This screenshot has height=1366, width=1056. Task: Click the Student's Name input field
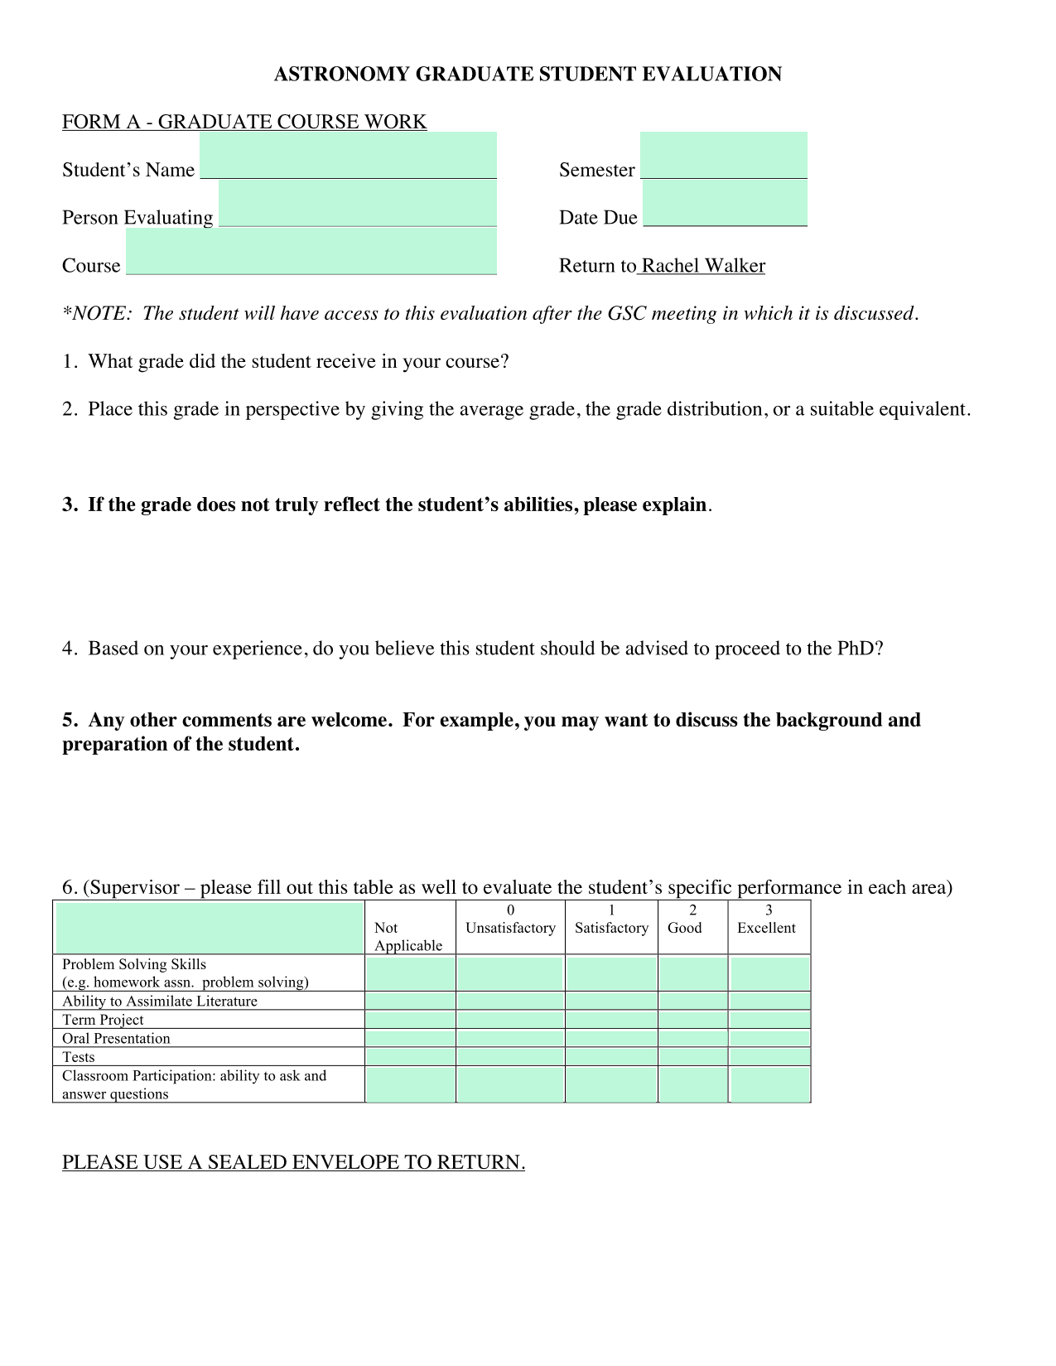pyautogui.click(x=348, y=156)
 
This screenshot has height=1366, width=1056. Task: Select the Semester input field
pyautogui.click(x=724, y=156)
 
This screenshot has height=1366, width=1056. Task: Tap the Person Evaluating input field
pyautogui.click(x=358, y=204)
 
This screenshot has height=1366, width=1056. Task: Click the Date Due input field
pyautogui.click(x=725, y=204)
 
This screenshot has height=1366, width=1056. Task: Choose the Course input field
pyautogui.click(x=311, y=252)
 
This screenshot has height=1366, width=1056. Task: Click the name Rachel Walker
pyautogui.click(x=703, y=266)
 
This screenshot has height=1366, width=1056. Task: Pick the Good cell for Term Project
pyautogui.click(x=693, y=1020)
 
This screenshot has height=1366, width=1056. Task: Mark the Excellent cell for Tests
pyautogui.click(x=769, y=1057)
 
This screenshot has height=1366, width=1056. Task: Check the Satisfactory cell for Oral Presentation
pyautogui.click(x=611, y=1039)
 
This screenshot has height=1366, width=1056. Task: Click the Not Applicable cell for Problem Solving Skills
pyautogui.click(x=411, y=973)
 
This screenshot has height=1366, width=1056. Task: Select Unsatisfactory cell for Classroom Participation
pyautogui.click(x=510, y=1085)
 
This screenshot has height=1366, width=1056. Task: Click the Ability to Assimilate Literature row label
pyautogui.click(x=160, y=1002)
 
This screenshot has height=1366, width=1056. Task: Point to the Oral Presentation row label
pyautogui.click(x=116, y=1039)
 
